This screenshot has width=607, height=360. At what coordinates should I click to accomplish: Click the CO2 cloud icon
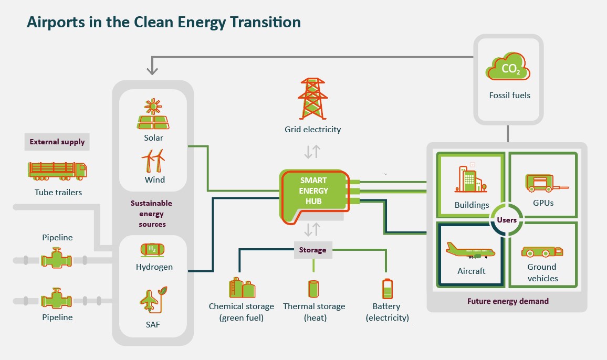(x=508, y=68)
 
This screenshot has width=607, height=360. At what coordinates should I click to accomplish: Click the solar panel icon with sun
(x=153, y=115)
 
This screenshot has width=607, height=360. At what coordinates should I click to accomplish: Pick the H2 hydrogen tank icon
(x=152, y=249)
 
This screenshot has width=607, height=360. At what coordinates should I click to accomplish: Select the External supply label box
(x=57, y=142)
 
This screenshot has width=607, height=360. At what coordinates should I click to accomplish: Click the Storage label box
(x=312, y=250)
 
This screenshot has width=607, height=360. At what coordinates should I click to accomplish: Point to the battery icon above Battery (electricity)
(x=386, y=289)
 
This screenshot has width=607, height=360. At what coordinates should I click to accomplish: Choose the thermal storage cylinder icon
(x=313, y=289)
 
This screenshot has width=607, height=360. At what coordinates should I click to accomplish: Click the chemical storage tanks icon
(x=242, y=288)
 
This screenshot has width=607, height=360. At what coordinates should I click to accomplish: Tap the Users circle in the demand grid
(x=507, y=220)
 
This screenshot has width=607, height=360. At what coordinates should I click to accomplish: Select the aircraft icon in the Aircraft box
(x=470, y=251)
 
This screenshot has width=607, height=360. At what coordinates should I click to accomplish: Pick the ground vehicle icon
(x=542, y=252)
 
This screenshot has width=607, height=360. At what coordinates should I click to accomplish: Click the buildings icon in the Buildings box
(x=471, y=181)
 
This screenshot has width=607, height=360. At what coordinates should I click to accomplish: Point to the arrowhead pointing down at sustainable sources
(x=152, y=70)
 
